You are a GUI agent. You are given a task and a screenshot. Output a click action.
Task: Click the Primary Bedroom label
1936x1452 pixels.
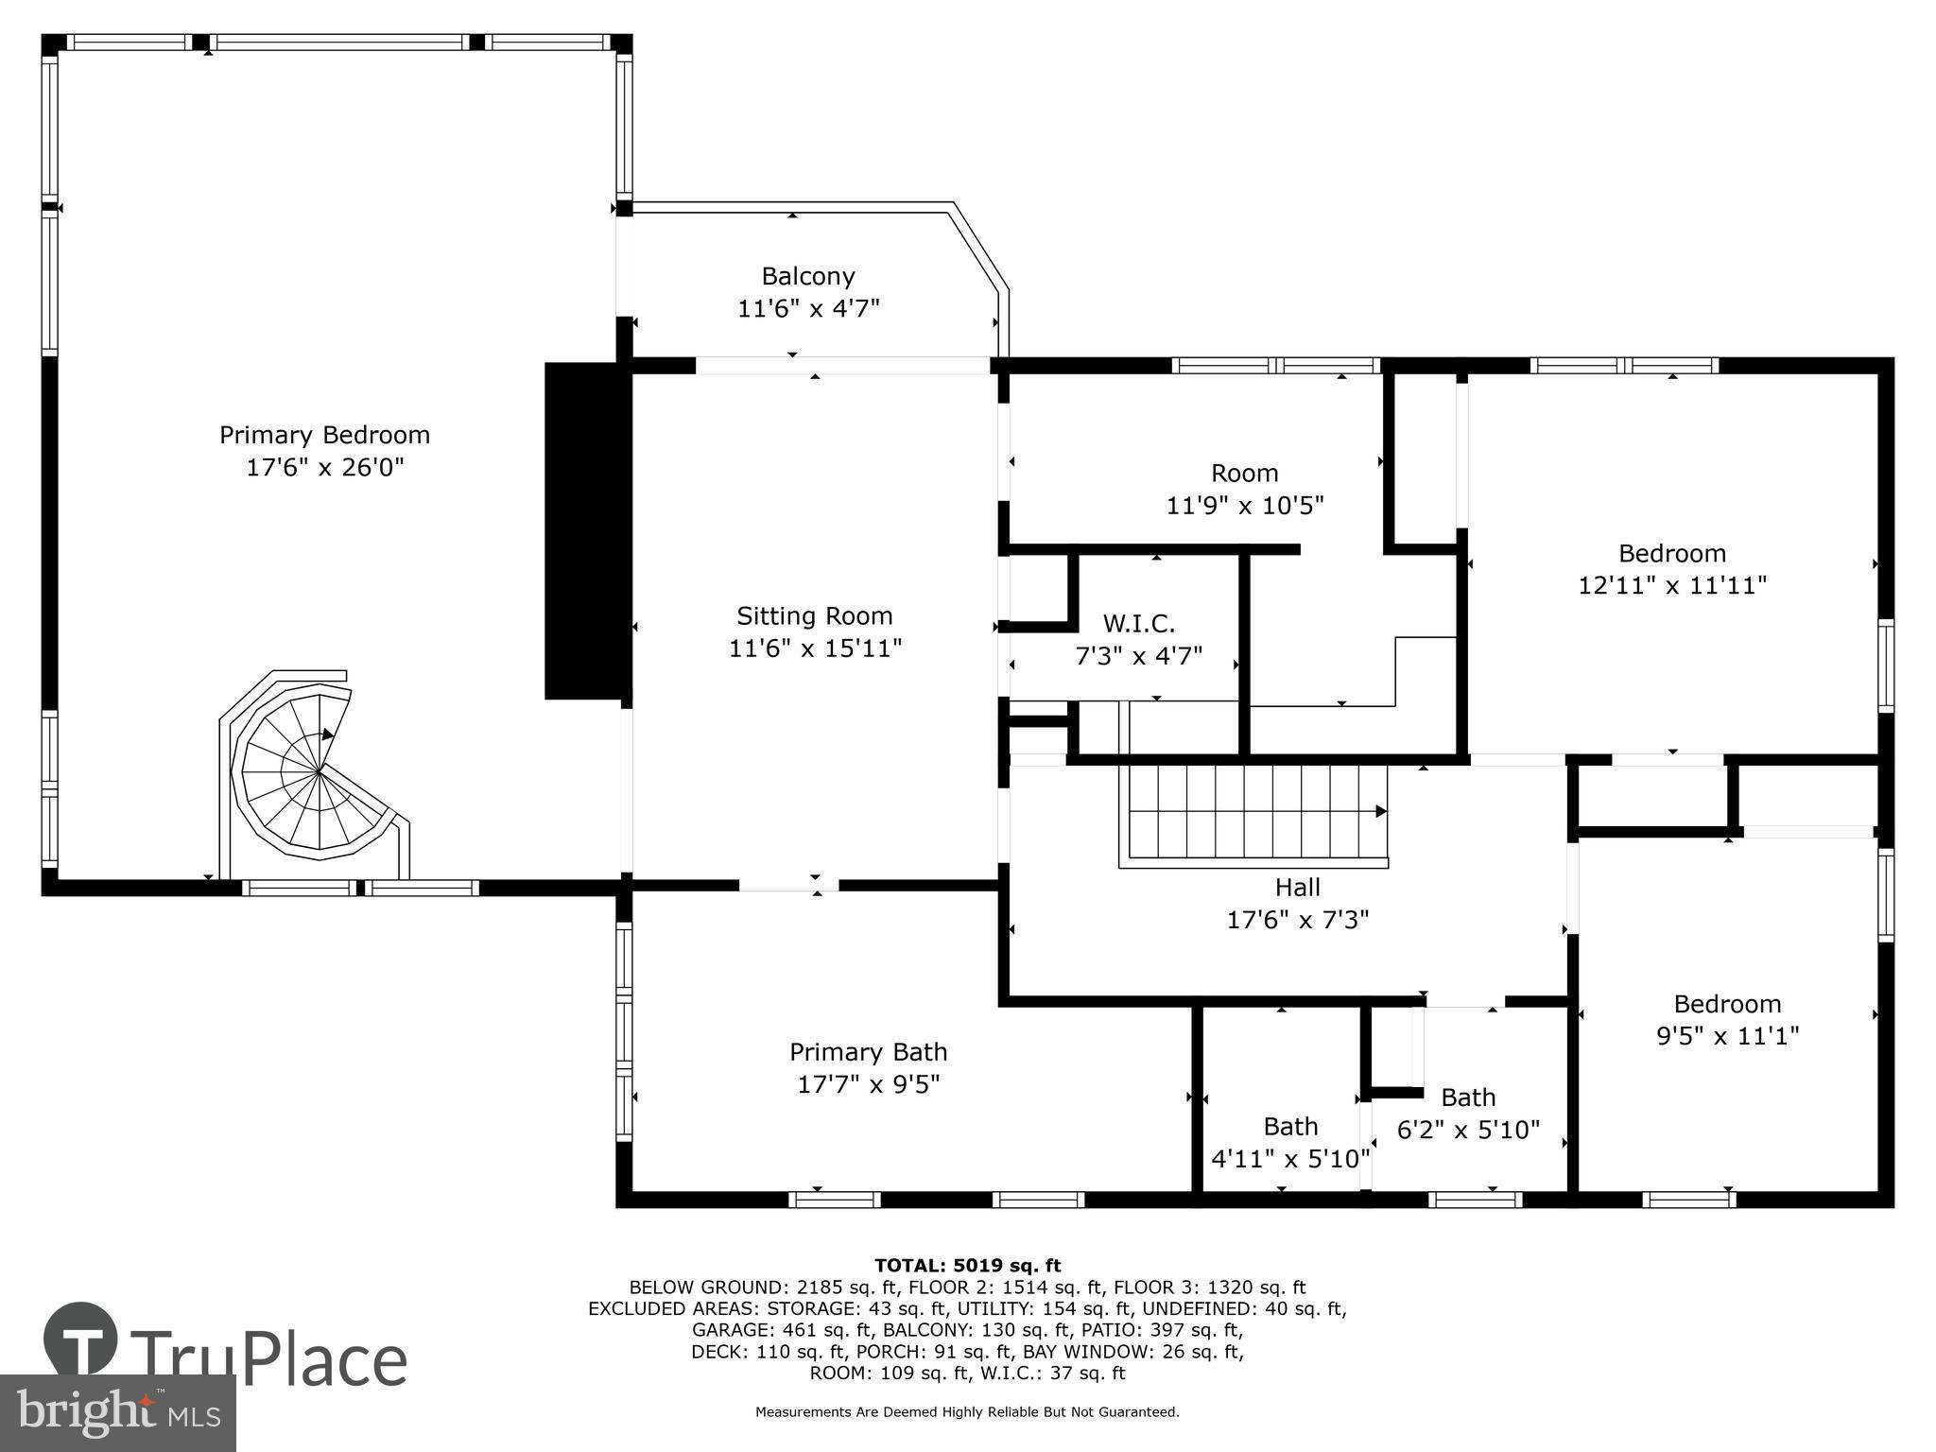coord(324,435)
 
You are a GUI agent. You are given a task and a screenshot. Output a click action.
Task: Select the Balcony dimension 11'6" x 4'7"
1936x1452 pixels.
coord(808,308)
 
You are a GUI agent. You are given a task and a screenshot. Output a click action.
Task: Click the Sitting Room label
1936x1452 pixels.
coord(814,616)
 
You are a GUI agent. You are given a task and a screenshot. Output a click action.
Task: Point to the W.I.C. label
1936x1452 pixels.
coord(1138,624)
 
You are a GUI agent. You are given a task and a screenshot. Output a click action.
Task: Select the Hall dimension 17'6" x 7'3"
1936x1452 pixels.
coord(1297,919)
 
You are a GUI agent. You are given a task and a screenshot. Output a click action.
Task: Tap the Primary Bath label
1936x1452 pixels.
coord(868,1051)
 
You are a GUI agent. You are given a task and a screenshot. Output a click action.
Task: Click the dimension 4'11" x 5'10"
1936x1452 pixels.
coord(1290,1158)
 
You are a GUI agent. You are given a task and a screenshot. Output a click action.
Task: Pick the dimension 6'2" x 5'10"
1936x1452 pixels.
coord(1468,1129)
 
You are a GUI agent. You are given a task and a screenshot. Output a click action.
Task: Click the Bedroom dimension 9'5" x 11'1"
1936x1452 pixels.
coord(1727,1036)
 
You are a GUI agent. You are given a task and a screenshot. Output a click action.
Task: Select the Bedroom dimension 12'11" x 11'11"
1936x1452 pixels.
coord(1671,585)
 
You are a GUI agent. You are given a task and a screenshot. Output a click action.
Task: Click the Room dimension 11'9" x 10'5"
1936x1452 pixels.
coord(1244,505)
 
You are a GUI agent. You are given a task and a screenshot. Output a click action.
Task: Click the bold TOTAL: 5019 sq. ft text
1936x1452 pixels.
coord(967,1266)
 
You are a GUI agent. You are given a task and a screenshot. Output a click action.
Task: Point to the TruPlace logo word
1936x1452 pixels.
coord(269,1360)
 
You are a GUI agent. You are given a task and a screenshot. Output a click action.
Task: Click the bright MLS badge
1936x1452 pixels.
coord(117,1413)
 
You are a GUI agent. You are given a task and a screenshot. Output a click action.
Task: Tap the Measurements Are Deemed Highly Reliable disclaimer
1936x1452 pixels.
coord(967,1412)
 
